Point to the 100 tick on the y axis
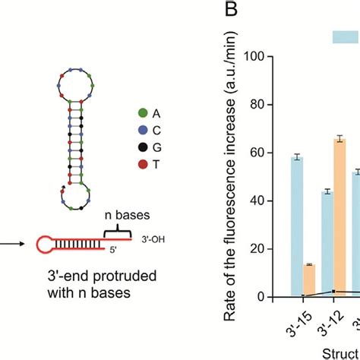click(x=266, y=57)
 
